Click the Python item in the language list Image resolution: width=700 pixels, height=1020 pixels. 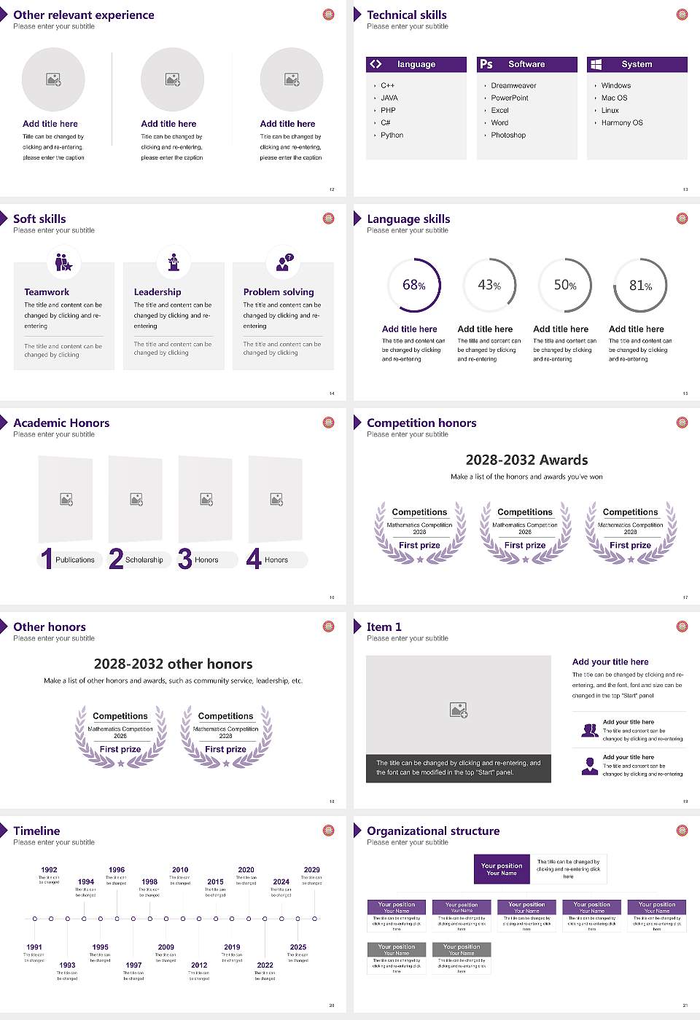click(392, 136)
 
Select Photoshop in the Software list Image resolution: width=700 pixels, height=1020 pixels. click(508, 136)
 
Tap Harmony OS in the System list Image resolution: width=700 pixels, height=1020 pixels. click(622, 123)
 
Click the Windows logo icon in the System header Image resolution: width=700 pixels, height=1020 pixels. click(596, 64)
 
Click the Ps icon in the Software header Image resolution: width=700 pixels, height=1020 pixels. click(486, 64)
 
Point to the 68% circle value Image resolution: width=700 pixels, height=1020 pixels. click(413, 286)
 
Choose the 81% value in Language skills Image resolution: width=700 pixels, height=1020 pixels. click(640, 286)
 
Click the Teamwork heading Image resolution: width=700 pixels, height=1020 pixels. click(47, 292)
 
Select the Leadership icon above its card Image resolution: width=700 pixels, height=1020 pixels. click(174, 262)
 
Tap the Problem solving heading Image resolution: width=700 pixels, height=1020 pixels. click(279, 292)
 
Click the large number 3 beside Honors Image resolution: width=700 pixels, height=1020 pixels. click(185, 559)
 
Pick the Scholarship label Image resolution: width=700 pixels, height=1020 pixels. click(144, 560)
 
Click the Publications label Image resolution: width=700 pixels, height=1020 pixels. click(75, 560)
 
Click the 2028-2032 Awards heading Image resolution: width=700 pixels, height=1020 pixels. click(526, 460)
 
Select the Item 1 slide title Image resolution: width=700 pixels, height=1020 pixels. click(384, 627)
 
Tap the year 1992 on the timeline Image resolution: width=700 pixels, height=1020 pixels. click(49, 870)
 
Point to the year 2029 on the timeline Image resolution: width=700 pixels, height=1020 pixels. click(311, 870)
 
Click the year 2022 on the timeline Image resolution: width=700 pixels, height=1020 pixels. click(265, 965)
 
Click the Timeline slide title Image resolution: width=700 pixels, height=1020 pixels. click(36, 831)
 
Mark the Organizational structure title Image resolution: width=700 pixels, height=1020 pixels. click(433, 831)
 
